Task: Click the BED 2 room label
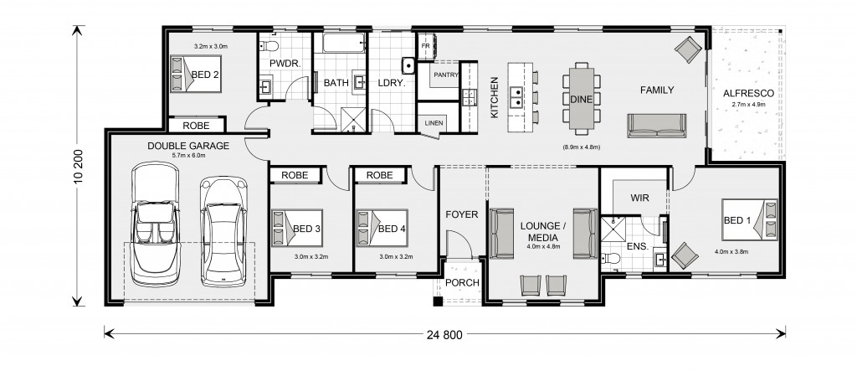pos(205,75)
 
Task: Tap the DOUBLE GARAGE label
pos(188,146)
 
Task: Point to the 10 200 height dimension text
pos(78,166)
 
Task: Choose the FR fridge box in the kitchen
pos(425,46)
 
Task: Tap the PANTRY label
pos(446,75)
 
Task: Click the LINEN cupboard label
pos(434,123)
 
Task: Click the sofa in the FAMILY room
pos(656,126)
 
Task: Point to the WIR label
pos(639,198)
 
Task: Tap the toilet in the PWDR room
pos(270,44)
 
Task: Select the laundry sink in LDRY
pos(408,65)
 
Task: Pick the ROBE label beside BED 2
pos(196,126)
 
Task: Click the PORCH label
pos(462,283)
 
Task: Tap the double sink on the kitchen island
pos(516,98)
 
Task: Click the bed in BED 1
pos(750,219)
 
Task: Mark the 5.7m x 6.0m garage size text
pos(188,156)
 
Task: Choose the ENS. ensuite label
pos(637,247)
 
